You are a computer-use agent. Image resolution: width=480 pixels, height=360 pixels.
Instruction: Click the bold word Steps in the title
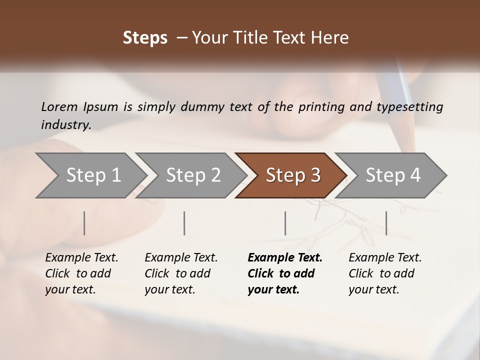[x=145, y=38]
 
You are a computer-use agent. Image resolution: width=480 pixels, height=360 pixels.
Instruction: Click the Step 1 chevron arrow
[x=90, y=175]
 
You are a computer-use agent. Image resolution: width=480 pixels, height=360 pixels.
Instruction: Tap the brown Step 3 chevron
[x=291, y=175]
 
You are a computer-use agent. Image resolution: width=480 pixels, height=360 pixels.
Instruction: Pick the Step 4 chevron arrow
[x=391, y=175]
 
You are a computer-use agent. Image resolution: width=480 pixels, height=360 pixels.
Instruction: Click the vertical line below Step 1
[x=84, y=223]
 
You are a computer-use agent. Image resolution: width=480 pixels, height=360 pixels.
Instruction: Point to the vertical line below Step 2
[x=184, y=223]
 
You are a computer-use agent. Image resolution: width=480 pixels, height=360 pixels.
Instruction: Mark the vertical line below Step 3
[x=285, y=223]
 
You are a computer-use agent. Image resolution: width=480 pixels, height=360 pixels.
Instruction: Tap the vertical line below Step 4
[x=386, y=223]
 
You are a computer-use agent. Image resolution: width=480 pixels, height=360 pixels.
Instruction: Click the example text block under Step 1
[x=81, y=273]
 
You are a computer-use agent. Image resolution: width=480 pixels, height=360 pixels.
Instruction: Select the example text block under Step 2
[x=180, y=273]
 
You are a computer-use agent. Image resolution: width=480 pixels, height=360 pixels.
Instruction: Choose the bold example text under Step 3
[x=284, y=273]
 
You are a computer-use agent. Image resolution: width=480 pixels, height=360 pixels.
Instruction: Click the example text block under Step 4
[x=384, y=273]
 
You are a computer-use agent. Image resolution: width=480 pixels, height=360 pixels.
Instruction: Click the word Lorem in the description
[x=59, y=106]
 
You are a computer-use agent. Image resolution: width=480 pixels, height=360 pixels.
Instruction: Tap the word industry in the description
[x=66, y=124]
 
